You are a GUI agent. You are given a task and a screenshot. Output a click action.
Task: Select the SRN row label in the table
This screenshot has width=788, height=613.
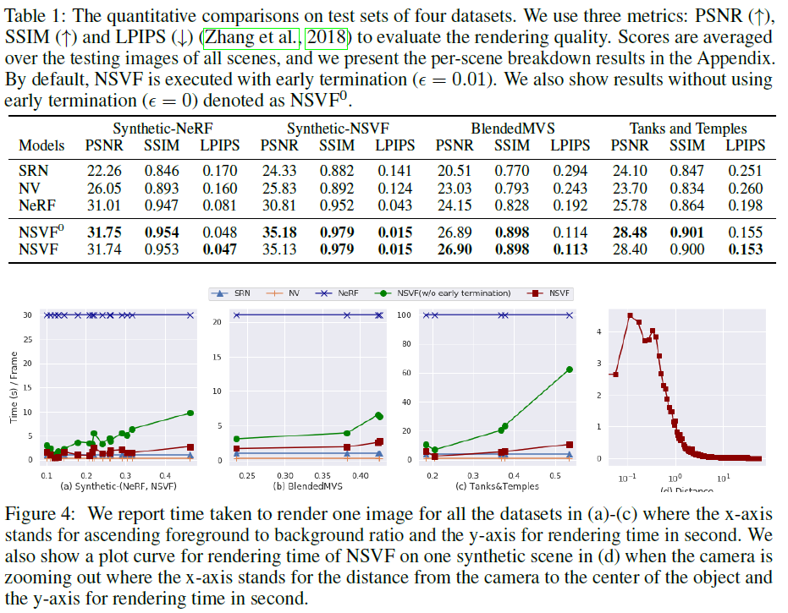[x=33, y=169]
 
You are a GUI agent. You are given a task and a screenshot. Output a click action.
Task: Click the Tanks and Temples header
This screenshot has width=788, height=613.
[x=687, y=129]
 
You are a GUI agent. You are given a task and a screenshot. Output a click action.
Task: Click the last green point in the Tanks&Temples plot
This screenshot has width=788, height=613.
[x=570, y=369]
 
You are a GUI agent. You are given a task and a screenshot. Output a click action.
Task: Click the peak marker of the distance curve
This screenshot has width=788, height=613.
[x=631, y=316]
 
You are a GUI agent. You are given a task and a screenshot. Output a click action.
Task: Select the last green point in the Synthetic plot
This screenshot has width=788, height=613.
[x=190, y=413]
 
